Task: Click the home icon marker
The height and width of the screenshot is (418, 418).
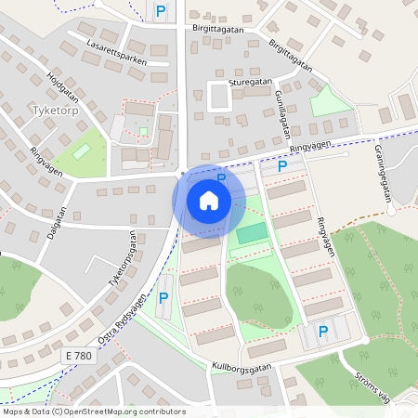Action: tap(209, 200)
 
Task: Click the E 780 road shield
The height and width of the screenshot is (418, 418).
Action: tap(80, 356)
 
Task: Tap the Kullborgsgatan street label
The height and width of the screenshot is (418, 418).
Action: tap(241, 367)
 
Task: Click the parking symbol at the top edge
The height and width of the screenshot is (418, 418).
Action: tap(161, 11)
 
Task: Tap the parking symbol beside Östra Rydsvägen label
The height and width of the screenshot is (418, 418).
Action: tap(163, 297)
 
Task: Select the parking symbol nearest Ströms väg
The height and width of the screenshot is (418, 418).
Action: tap(323, 331)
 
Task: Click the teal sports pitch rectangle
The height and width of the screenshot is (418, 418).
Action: tap(250, 233)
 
